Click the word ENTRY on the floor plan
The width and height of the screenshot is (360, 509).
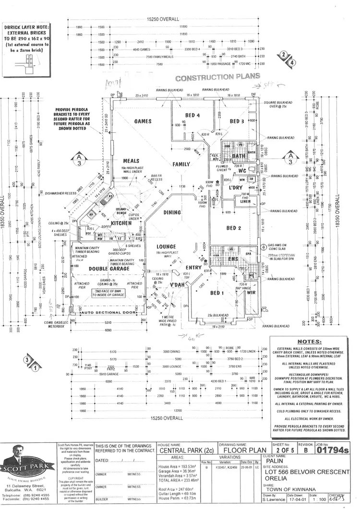click(x=180, y=268)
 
